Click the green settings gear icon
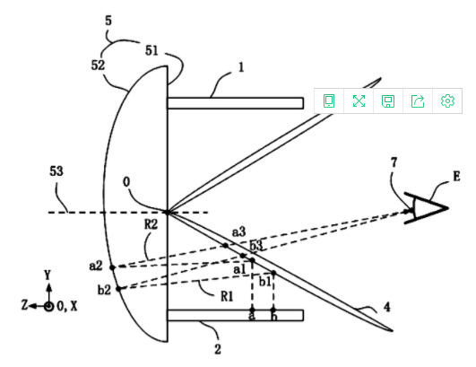click(447, 100)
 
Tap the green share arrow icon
click(418, 100)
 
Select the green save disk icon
click(388, 101)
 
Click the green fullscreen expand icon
click(359, 100)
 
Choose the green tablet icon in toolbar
click(329, 100)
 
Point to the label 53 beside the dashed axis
click(56, 171)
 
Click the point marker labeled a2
click(112, 267)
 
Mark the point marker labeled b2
click(118, 289)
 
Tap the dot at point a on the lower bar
click(252, 310)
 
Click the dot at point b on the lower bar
click(273, 310)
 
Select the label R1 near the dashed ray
click(227, 296)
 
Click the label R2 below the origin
click(151, 224)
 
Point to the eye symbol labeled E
click(426, 208)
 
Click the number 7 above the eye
click(394, 162)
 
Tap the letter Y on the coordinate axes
click(48, 275)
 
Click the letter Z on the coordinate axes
click(24, 305)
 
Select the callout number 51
click(151, 50)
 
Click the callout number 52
click(98, 65)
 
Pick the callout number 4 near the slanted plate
click(386, 307)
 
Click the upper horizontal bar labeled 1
click(235, 103)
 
